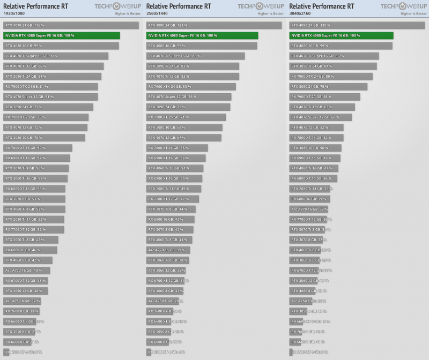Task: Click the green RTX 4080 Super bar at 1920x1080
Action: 62,35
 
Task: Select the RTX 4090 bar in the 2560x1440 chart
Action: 214,25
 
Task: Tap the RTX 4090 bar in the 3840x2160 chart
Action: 357,25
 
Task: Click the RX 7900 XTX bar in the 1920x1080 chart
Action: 51,86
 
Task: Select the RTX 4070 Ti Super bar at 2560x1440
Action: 196,56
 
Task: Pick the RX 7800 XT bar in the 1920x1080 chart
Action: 38,148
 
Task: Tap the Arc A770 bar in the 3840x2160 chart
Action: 309,209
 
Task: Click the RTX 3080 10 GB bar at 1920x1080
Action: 45,138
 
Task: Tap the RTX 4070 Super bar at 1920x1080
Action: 51,96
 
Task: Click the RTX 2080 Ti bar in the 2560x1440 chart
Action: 174,189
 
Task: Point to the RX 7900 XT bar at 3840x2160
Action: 325,96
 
